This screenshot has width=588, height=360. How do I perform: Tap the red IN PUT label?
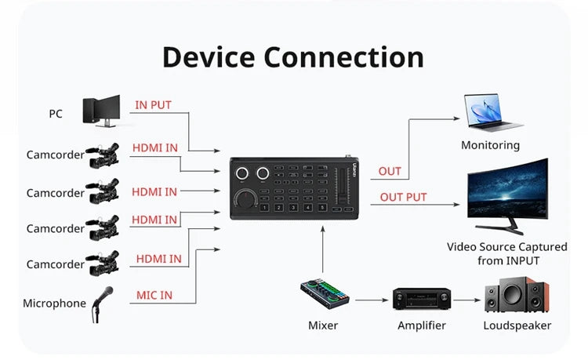tap(153, 105)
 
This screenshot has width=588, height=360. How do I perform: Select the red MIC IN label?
tap(154, 296)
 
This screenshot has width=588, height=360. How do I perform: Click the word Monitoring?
tap(490, 145)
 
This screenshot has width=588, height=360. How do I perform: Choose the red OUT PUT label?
tap(403, 197)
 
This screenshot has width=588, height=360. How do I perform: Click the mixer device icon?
tap(325, 297)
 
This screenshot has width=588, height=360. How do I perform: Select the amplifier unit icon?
tap(422, 299)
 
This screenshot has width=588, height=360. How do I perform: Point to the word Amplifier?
tap(422, 325)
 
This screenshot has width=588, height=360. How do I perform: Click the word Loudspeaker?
tap(517, 325)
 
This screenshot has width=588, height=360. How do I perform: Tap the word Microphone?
tap(54, 304)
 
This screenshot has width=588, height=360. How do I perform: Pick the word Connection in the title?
tap(344, 57)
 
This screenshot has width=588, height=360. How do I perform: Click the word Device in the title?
tap(209, 57)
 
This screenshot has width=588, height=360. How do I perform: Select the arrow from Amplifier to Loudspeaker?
tap(467, 299)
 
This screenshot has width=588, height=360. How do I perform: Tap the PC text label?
tap(56, 114)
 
